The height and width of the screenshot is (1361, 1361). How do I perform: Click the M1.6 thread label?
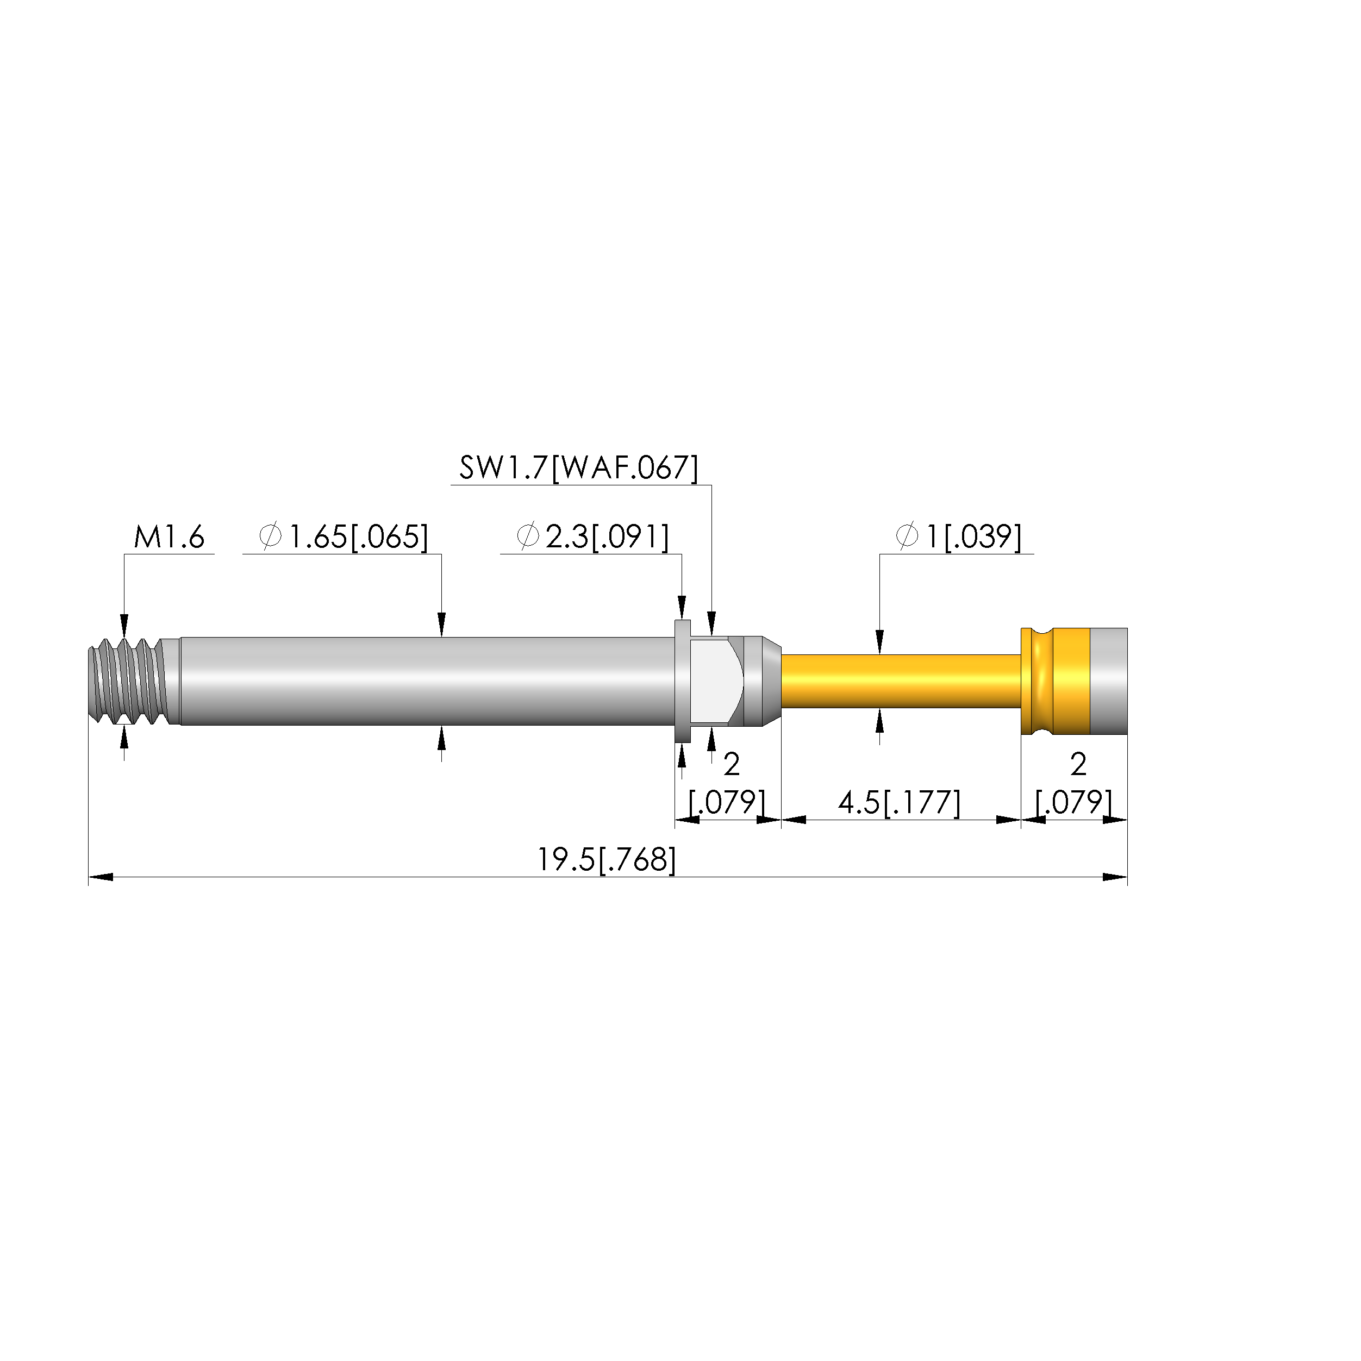[x=169, y=538]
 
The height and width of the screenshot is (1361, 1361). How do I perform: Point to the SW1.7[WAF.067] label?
[x=579, y=468]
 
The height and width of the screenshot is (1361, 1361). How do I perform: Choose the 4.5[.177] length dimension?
[x=899, y=802]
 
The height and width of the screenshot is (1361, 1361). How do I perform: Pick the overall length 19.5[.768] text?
[x=607, y=860]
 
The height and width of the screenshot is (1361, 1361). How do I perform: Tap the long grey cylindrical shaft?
[x=427, y=681]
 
